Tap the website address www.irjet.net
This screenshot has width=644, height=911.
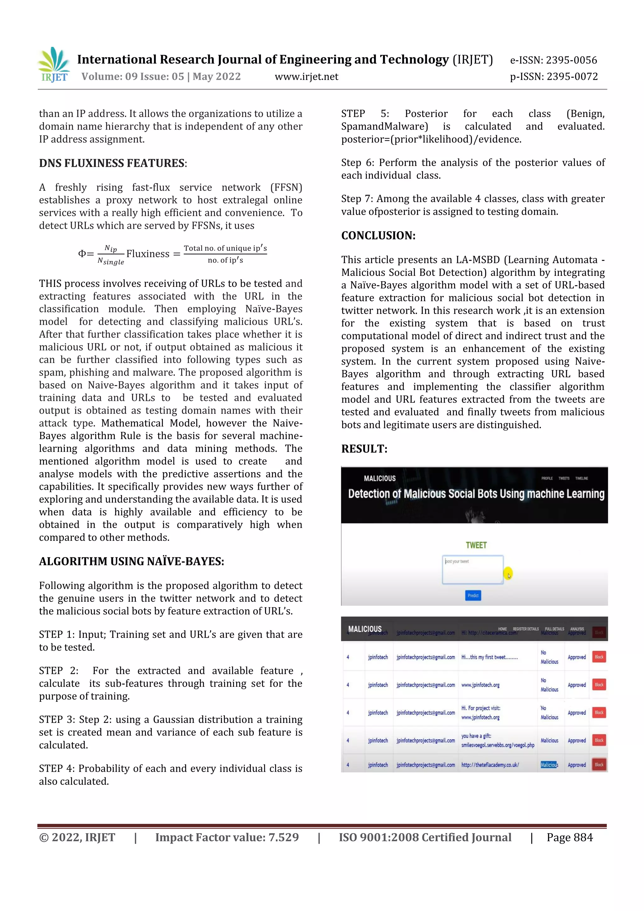(306, 76)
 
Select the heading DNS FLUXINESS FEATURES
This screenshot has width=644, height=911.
(112, 163)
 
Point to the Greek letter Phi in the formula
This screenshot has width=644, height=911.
(82, 254)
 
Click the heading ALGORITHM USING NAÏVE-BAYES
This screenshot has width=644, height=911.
(131, 562)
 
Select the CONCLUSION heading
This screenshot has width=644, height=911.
(378, 236)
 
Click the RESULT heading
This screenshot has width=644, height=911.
(364, 449)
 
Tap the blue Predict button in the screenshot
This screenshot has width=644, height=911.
(473, 595)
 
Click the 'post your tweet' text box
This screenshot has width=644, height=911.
(473, 570)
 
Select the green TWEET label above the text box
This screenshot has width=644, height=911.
(476, 545)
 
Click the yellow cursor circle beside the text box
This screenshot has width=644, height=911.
(508, 573)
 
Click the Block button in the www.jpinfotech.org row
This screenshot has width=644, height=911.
(599, 685)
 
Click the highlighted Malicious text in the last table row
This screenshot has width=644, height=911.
(549, 765)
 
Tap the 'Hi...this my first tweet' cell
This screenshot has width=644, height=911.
(489, 657)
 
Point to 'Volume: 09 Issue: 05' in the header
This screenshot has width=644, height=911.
(132, 76)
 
